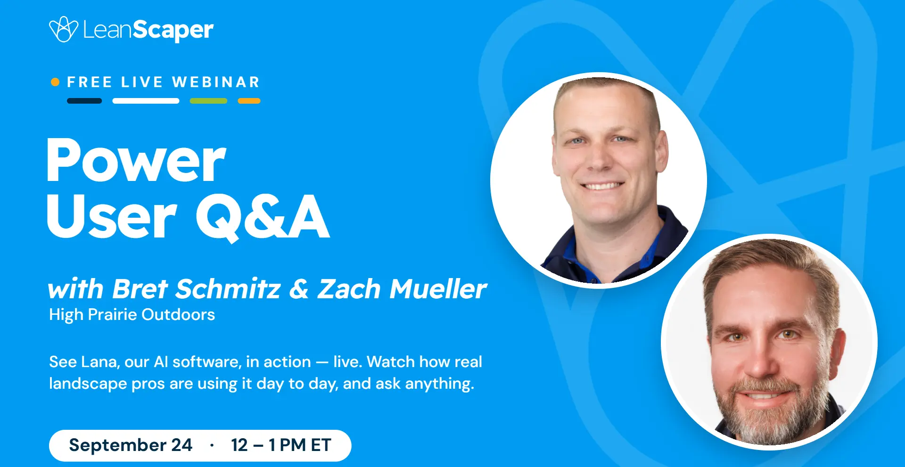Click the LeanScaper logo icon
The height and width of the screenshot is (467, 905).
(x=64, y=29)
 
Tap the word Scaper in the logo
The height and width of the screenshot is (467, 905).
(x=173, y=31)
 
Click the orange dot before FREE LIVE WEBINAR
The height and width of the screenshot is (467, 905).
(x=55, y=82)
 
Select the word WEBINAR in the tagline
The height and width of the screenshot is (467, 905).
(x=216, y=82)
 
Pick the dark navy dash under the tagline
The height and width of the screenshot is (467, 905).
(x=84, y=101)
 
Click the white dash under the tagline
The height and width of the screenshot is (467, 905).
(x=146, y=101)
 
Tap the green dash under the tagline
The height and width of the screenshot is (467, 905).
(x=208, y=101)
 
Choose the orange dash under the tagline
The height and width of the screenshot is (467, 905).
(x=249, y=101)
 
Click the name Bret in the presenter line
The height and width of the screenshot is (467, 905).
(x=140, y=288)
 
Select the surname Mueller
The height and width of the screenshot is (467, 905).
(x=438, y=288)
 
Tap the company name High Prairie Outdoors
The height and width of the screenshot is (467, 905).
(x=132, y=314)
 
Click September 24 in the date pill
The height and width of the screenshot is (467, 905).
(x=131, y=445)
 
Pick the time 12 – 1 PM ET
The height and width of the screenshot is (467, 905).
(x=281, y=445)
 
